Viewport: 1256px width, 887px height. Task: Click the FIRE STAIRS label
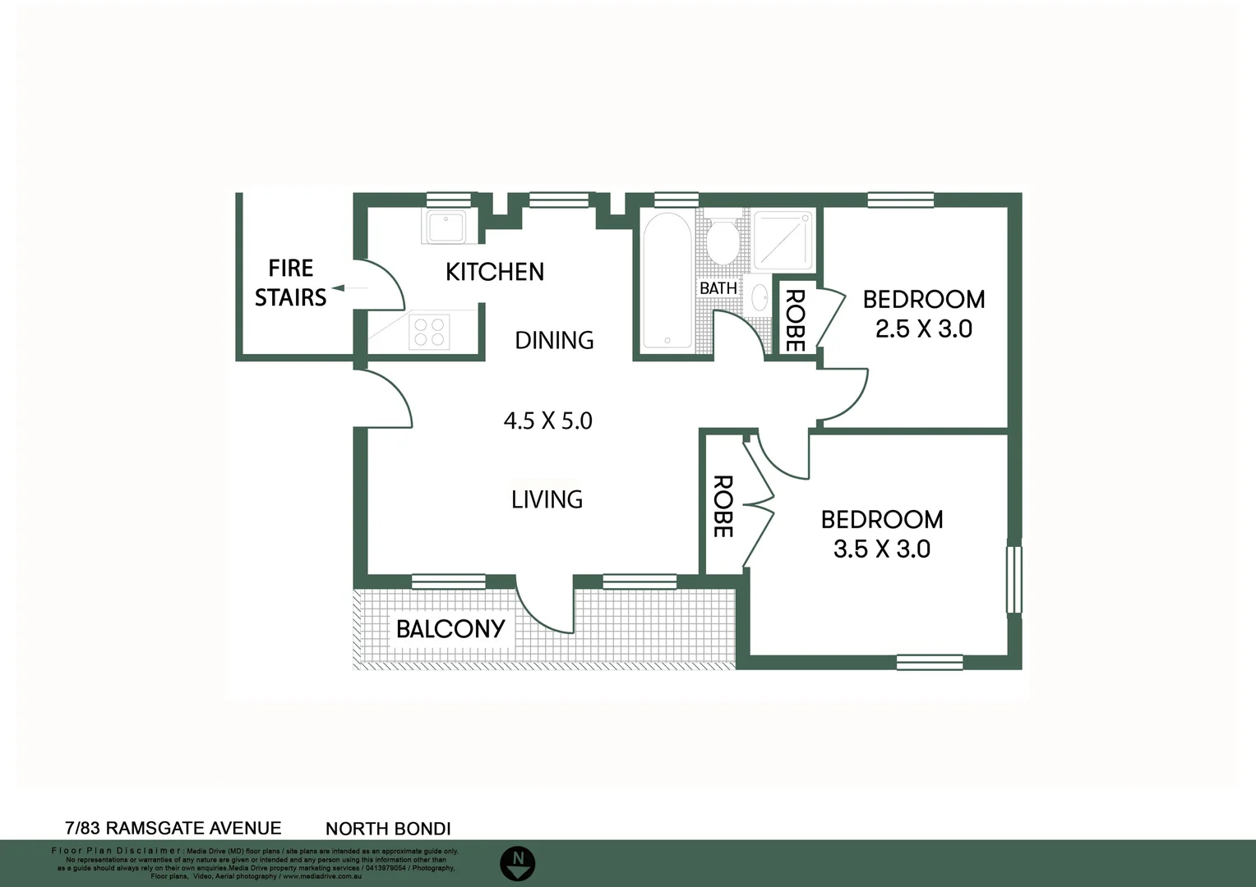point(290,283)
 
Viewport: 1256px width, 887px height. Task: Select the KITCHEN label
point(494,272)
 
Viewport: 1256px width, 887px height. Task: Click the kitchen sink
point(445,227)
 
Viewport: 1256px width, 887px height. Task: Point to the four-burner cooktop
point(429,332)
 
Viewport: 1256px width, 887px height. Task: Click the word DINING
point(554,340)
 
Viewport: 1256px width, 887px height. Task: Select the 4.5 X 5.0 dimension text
point(547,421)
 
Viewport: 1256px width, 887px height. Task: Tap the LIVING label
point(547,499)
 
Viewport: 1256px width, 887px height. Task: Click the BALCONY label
point(450,629)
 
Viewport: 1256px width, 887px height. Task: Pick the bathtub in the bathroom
point(667,282)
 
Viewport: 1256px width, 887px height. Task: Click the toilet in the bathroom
point(723,241)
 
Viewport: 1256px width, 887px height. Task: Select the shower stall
point(783,240)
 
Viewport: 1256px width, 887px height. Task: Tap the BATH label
point(718,288)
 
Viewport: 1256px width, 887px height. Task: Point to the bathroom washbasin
point(760,298)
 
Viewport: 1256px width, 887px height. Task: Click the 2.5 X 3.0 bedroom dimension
point(923,329)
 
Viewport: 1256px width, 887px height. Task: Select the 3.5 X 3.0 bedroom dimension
point(881,549)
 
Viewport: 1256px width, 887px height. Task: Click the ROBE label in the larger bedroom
point(722,507)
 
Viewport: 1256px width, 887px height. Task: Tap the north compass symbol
point(518,862)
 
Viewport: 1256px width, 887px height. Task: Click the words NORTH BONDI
point(388,830)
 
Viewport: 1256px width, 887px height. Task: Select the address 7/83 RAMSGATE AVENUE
point(173,829)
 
